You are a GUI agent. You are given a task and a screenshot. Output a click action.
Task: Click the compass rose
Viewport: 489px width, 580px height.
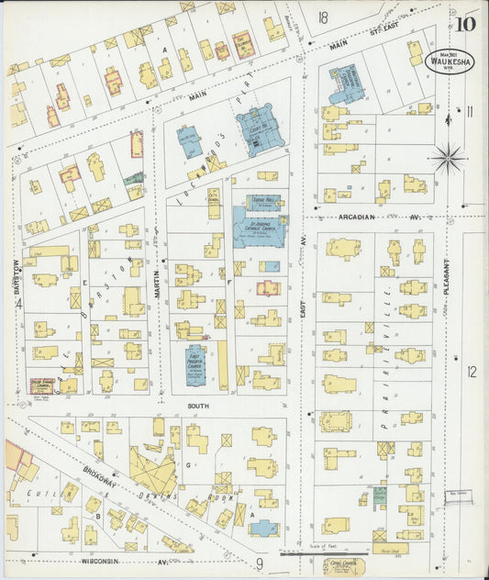[x=449, y=158]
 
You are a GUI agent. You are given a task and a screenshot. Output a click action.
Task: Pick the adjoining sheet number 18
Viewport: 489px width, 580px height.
[x=323, y=17]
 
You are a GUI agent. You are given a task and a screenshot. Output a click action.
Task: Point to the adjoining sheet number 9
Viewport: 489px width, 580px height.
[x=260, y=563]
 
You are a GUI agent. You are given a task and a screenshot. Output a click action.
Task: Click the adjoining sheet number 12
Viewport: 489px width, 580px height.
[x=472, y=372]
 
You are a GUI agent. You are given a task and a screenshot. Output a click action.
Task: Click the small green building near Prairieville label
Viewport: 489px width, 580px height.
[x=379, y=496]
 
